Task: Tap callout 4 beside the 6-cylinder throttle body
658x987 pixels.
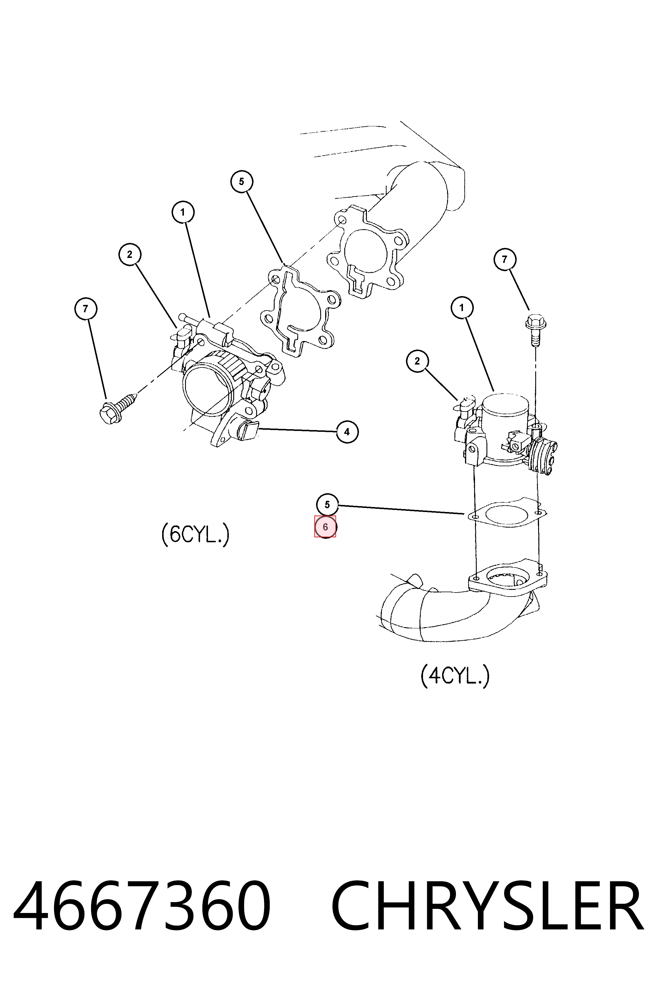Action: pos(347,432)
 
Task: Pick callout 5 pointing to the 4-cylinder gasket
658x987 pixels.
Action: pos(327,505)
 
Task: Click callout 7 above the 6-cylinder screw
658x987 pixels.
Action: pos(85,309)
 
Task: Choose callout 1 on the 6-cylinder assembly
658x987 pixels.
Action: pos(182,212)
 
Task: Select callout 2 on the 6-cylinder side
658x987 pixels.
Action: pos(130,254)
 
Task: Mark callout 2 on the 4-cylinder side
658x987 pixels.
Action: pos(417,361)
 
